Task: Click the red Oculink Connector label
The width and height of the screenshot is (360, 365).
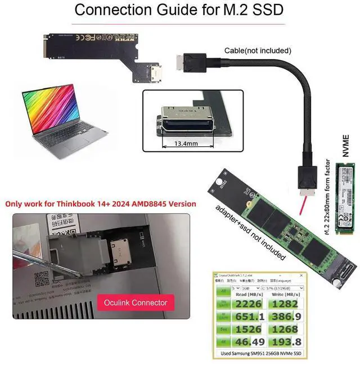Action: [136, 303]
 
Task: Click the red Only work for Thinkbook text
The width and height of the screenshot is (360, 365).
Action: [101, 204]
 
